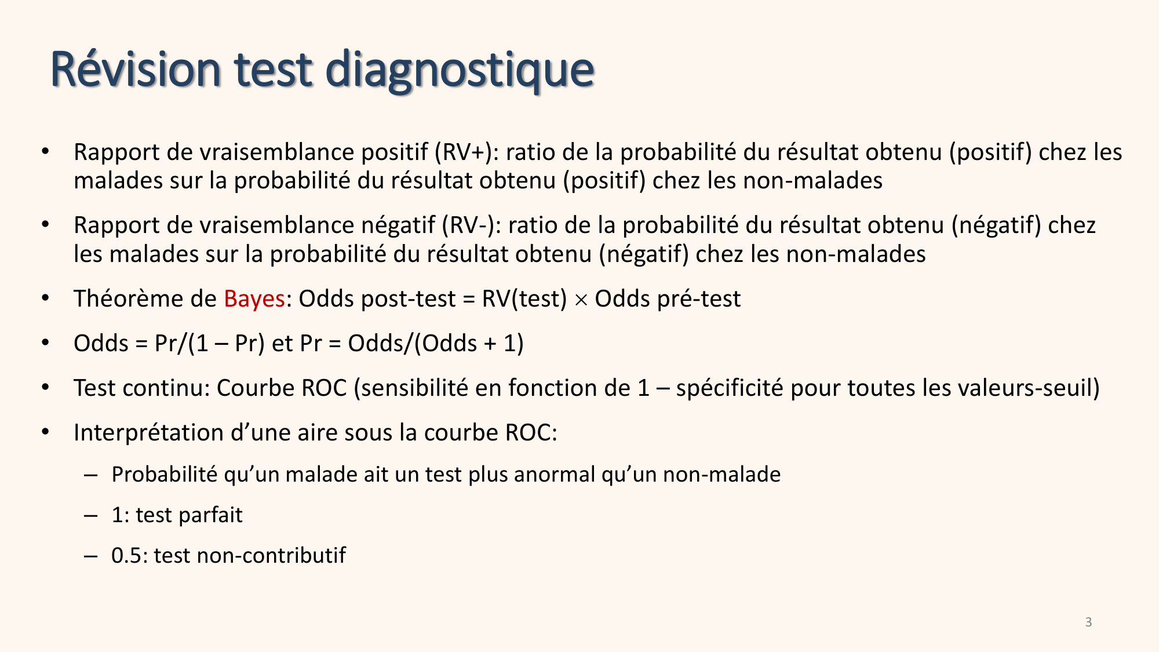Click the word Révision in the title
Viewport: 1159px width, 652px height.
click(136, 70)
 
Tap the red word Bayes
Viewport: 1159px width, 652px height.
click(254, 299)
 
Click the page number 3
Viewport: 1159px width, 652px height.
click(1088, 622)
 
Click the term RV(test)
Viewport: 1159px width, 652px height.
click(524, 299)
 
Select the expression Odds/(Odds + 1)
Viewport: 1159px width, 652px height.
click(435, 344)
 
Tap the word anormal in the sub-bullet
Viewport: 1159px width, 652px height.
click(554, 475)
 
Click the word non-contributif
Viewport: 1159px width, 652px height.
click(272, 556)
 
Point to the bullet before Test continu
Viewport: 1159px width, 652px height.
click(46, 387)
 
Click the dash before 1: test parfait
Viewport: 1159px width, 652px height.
click(90, 515)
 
